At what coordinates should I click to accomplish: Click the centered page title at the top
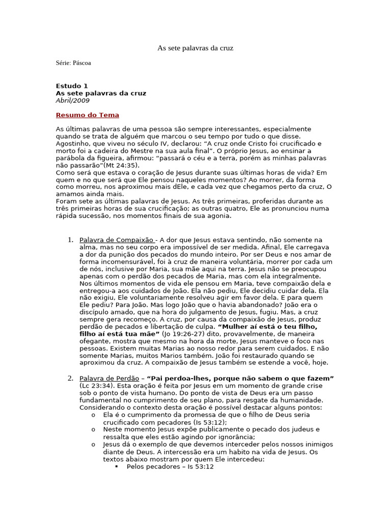(195, 48)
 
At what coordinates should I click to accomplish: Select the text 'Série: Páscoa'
(73, 63)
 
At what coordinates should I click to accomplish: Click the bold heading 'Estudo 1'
(72, 86)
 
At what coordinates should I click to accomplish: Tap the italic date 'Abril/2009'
(72, 100)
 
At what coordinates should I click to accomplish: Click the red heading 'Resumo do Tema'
(87, 115)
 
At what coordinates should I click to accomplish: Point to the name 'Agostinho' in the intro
(72, 144)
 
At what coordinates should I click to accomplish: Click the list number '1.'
(71, 240)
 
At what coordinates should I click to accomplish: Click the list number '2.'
(71, 379)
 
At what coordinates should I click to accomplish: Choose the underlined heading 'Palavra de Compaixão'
(116, 240)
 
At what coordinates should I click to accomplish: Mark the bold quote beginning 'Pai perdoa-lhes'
(240, 379)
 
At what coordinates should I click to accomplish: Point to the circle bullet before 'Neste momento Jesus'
(93, 429)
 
